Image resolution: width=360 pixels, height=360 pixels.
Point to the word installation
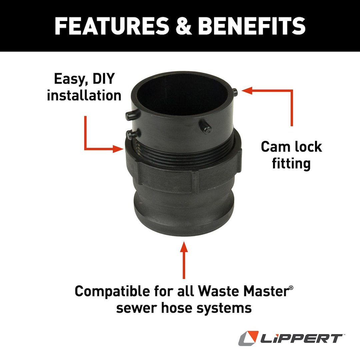point(84,96)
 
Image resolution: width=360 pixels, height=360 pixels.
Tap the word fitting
point(291,164)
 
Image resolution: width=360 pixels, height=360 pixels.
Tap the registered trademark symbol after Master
point(291,287)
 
